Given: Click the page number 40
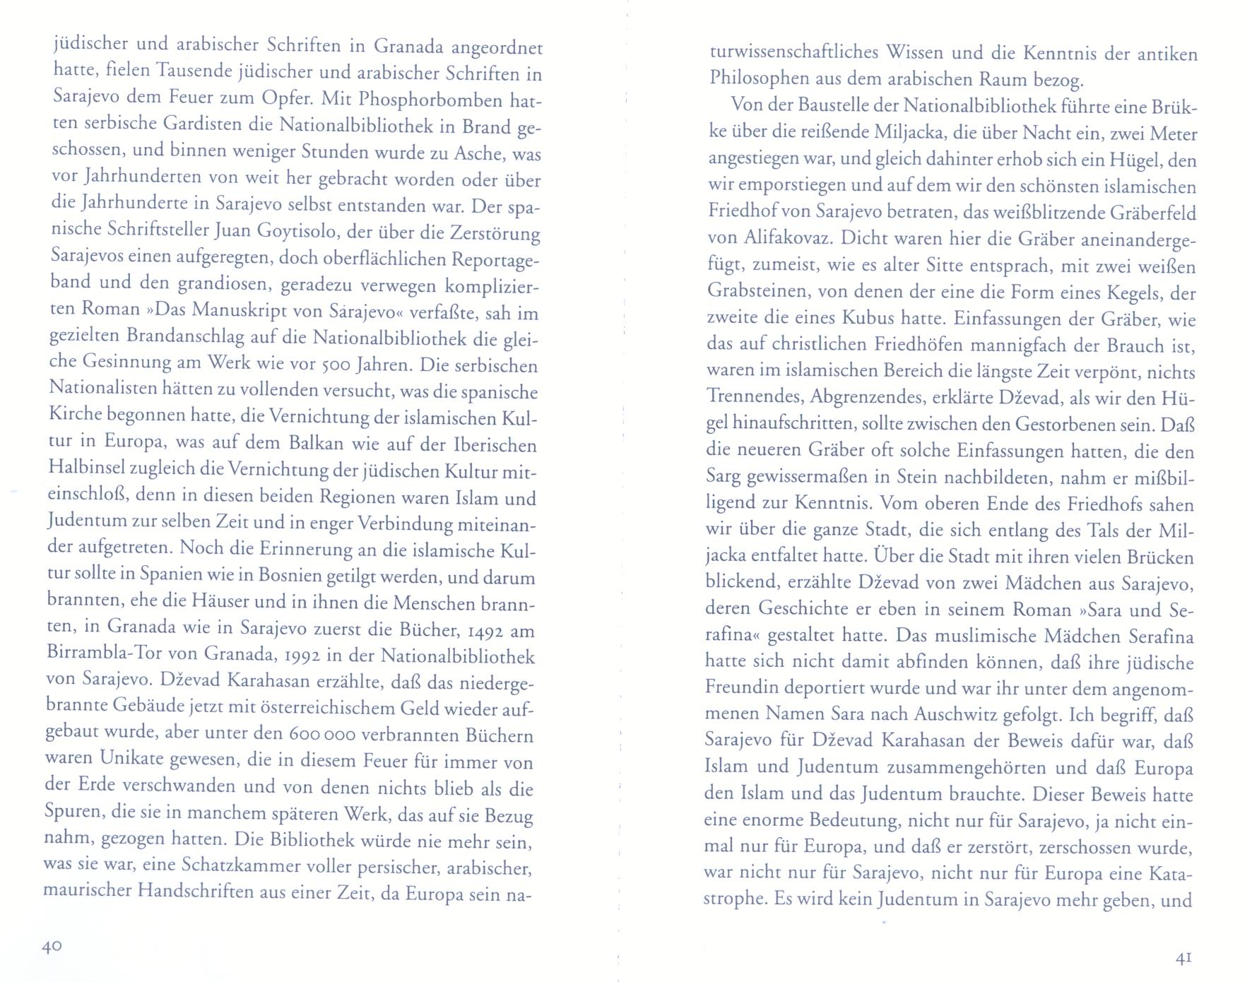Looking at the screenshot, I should point(52,947).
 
